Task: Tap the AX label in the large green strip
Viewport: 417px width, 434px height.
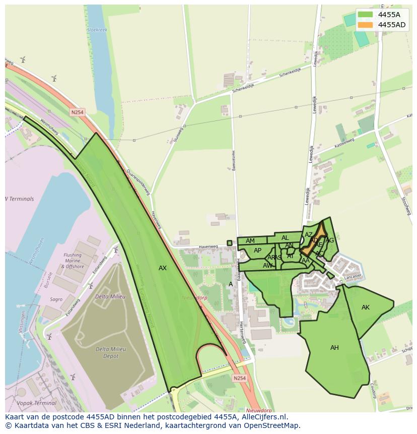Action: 162,268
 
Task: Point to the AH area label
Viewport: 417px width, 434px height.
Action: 334,348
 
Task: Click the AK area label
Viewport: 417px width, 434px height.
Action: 366,307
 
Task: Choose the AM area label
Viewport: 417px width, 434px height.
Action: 250,241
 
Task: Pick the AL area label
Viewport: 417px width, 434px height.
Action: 285,238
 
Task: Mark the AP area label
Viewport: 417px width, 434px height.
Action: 257,251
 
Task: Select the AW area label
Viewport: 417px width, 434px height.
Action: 267,265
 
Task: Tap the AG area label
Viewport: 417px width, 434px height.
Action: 330,240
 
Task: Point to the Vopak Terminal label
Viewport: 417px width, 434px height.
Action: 36,403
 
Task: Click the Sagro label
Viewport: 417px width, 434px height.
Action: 56,299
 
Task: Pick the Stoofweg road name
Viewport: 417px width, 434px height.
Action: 406,205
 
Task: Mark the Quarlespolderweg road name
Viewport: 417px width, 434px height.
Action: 138,181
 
